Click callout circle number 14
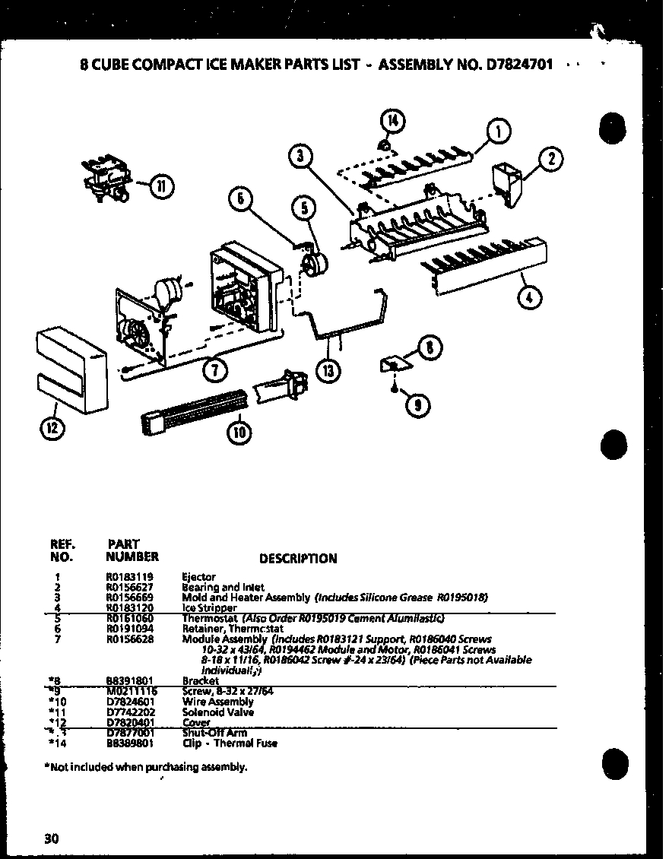click(x=393, y=119)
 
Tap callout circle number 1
click(x=498, y=132)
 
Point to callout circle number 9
click(x=416, y=406)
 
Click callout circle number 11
click(x=161, y=185)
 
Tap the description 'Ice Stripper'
click(x=210, y=608)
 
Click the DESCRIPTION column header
click(x=298, y=559)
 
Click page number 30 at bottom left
click(x=51, y=839)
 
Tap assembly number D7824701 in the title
click(x=513, y=65)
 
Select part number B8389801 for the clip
click(x=129, y=743)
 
